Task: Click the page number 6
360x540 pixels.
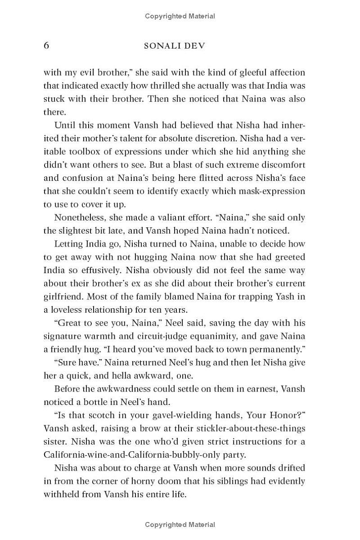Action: (46, 46)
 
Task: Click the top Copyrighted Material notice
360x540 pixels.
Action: (180, 17)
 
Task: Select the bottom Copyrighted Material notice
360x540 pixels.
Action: (180, 524)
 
